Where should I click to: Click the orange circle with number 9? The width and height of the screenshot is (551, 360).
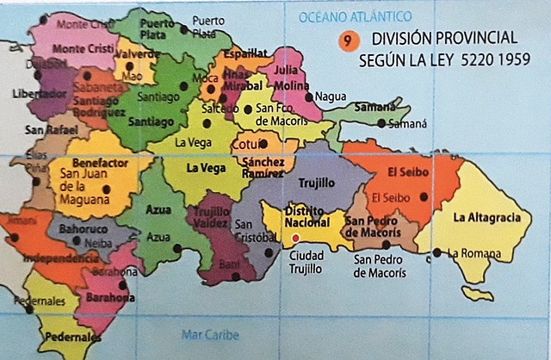(x=345, y=40)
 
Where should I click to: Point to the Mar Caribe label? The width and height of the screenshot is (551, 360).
(x=210, y=335)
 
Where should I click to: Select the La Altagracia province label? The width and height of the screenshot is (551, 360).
(x=486, y=217)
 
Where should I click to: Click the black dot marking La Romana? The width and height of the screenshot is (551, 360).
(x=438, y=252)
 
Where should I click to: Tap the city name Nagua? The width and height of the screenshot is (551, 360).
(x=331, y=97)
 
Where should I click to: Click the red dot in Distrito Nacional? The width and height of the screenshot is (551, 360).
(x=295, y=237)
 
